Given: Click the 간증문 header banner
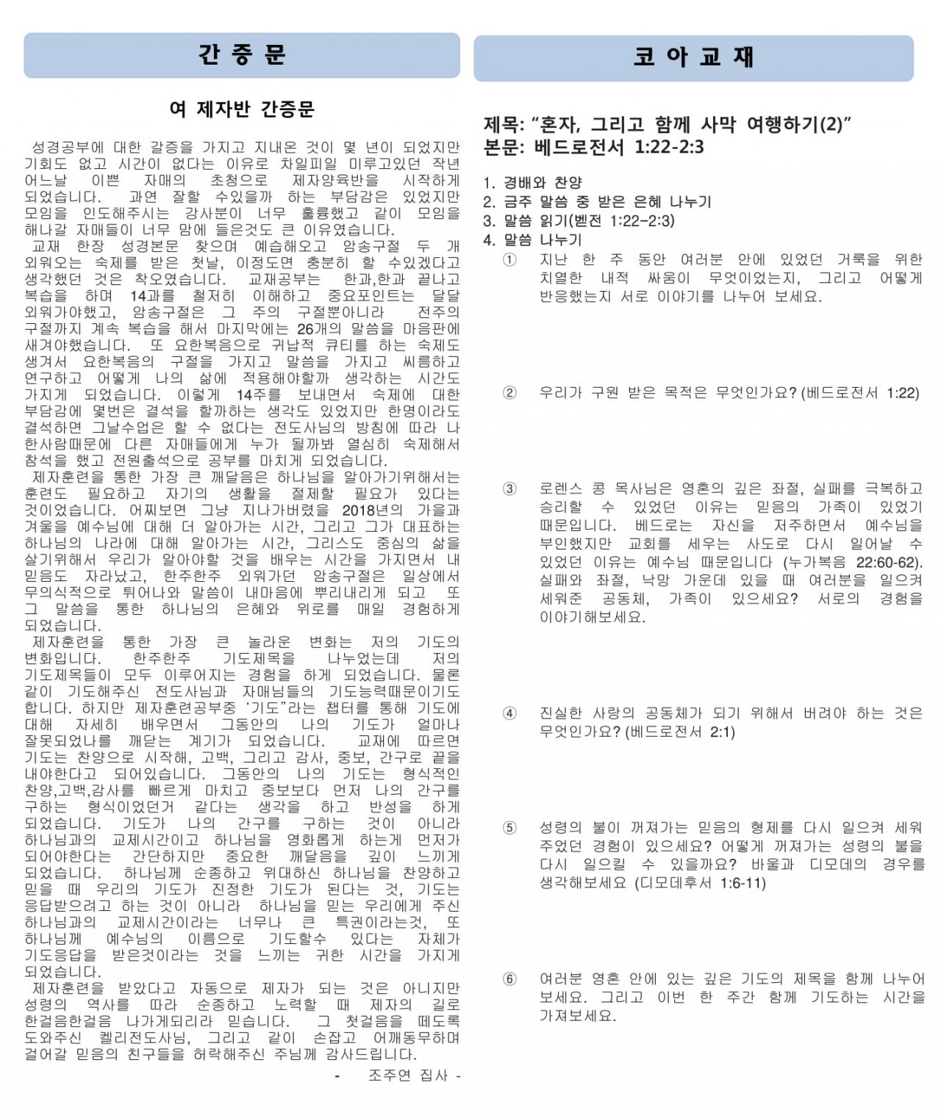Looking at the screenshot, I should click(242, 55).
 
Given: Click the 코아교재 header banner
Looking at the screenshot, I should click(693, 57).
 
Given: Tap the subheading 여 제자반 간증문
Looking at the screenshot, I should click(242, 109).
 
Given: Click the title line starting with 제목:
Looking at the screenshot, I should click(666, 124).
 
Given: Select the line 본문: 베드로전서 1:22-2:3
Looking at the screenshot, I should click(593, 148).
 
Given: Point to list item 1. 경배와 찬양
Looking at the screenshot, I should click(532, 182).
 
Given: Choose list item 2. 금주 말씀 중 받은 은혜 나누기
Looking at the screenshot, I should click(597, 201).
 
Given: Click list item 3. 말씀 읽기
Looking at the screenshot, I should click(579, 220).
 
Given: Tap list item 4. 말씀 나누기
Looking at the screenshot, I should click(532, 239).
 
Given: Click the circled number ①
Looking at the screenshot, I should click(509, 259).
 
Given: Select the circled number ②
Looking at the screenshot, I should click(509, 392).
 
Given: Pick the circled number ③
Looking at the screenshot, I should click(509, 488).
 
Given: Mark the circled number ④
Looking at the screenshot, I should click(509, 713).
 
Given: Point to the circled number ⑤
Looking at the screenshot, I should click(509, 828).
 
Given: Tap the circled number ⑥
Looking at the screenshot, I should click(509, 979).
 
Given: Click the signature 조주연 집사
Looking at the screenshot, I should click(408, 1075).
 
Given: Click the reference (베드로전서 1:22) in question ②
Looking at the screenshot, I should click(860, 393).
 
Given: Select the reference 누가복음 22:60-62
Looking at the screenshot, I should click(853, 563).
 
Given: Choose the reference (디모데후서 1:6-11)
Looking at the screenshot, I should click(700, 883).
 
